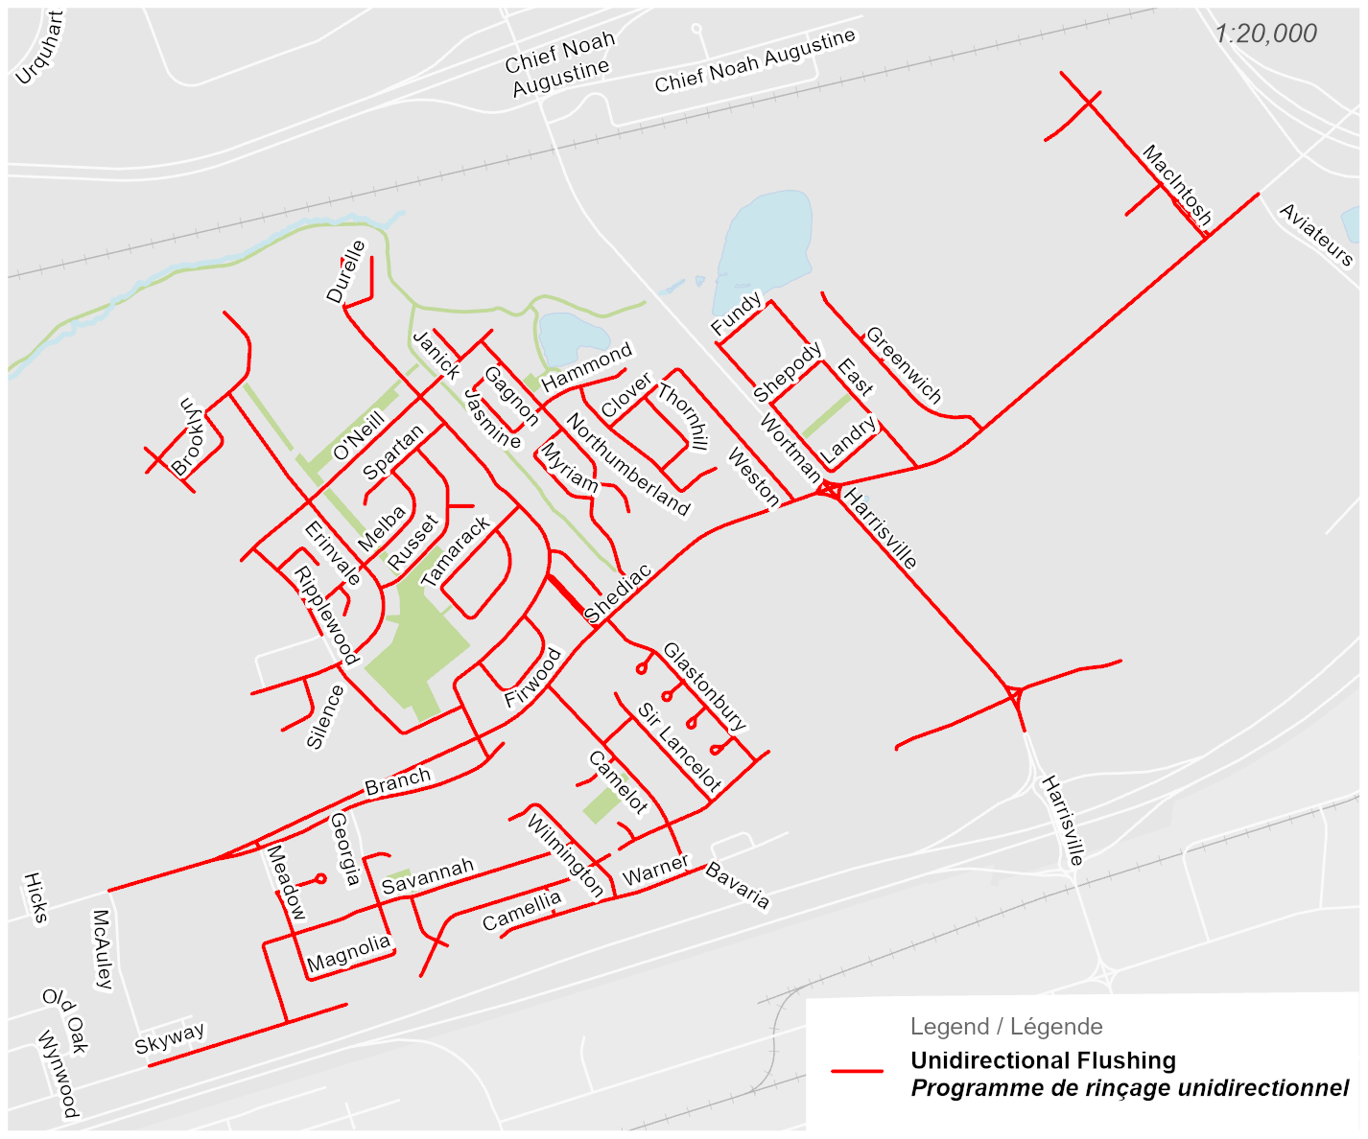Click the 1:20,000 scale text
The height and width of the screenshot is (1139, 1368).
(1265, 34)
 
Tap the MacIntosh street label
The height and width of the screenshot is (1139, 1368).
(1177, 185)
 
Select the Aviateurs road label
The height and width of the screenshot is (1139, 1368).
(1316, 235)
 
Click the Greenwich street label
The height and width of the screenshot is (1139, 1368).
(904, 364)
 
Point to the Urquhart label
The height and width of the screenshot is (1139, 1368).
(40, 48)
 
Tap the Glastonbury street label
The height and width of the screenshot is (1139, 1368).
(704, 686)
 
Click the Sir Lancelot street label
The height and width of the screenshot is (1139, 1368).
(679, 748)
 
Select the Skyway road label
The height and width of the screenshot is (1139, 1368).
(170, 1037)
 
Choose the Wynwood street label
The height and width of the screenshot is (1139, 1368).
(57, 1074)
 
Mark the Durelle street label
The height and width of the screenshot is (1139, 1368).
(346, 271)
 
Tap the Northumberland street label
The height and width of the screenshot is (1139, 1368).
(627, 464)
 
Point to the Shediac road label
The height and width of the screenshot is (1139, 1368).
(618, 593)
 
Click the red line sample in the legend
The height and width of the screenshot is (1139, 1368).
(857, 1071)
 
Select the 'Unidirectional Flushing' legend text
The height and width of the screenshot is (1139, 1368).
(1043, 1060)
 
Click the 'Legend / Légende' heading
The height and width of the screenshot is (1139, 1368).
(1006, 1027)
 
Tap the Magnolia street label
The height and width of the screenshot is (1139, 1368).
(349, 953)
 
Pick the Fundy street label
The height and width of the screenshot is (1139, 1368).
(736, 314)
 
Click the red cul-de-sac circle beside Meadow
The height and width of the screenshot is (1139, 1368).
(320, 878)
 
